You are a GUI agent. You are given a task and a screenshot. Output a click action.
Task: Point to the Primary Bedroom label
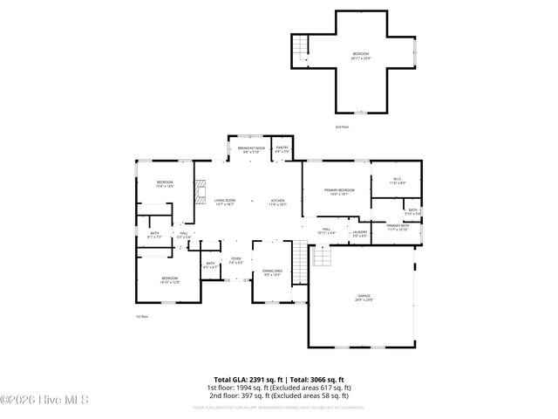pos(339,191)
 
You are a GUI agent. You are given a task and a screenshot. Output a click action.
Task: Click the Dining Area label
pos(272,272)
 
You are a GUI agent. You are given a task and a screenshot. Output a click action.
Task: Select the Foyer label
pos(235,260)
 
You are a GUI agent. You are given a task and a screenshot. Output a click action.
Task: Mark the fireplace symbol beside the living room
pos(200,190)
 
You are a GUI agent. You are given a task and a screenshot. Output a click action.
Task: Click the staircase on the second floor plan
pos(303,45)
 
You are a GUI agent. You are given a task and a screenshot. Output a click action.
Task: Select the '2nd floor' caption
pos(343,127)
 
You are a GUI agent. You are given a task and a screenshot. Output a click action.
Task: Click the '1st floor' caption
pos(141,316)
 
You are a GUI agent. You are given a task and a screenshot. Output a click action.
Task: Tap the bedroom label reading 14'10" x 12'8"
pos(169,280)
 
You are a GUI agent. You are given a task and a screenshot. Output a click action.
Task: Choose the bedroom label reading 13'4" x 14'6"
pos(165,183)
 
